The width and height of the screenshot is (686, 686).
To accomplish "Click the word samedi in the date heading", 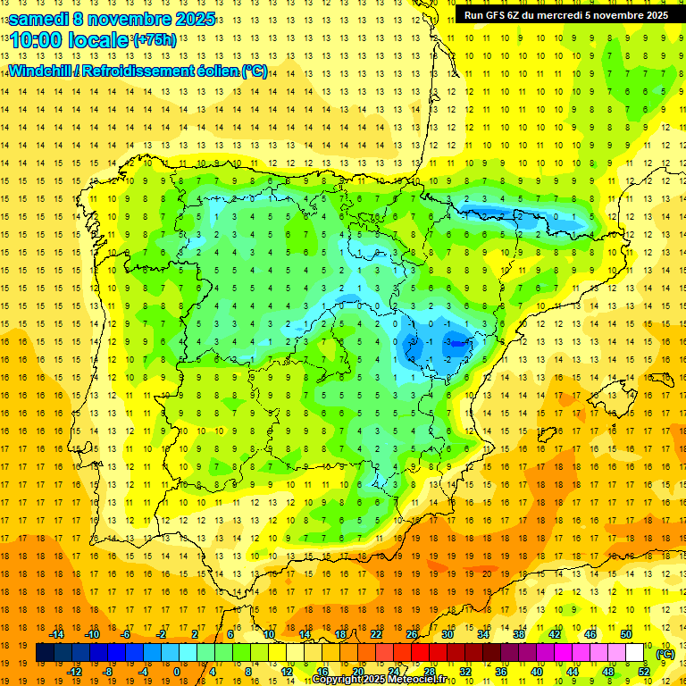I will pos(40,18).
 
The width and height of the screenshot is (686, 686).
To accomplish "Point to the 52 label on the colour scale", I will pos(643,672).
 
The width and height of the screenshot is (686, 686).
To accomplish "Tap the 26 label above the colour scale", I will pos(412,634).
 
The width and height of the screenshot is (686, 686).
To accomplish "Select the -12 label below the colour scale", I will pos(74,672).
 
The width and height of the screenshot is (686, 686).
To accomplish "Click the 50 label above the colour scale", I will pos(626,634).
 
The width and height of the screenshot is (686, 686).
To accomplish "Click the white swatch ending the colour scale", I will pos(635,653).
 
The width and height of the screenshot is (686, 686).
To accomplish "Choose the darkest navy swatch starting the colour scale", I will pos(46,653).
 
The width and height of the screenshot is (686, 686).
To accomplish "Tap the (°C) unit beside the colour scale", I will pos(665,653).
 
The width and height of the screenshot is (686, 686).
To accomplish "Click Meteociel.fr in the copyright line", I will pos(425,680).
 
